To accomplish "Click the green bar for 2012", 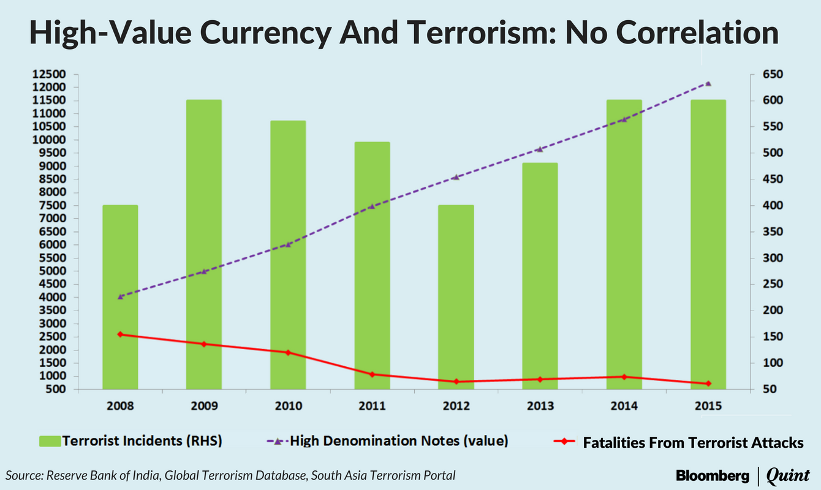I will click(x=456, y=297).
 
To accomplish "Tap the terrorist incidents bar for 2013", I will click(x=540, y=276).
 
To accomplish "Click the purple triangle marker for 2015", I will click(x=709, y=83).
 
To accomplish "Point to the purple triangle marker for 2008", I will click(x=121, y=296).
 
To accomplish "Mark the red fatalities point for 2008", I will click(x=121, y=334).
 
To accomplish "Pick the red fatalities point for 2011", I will click(x=373, y=374).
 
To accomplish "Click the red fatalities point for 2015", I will click(x=709, y=383).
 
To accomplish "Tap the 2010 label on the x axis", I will click(x=288, y=405).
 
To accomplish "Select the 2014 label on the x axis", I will click(x=624, y=405).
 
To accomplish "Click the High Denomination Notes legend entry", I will click(x=389, y=441).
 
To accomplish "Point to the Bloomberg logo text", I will click(x=712, y=475).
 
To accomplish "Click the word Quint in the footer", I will click(x=788, y=475).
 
